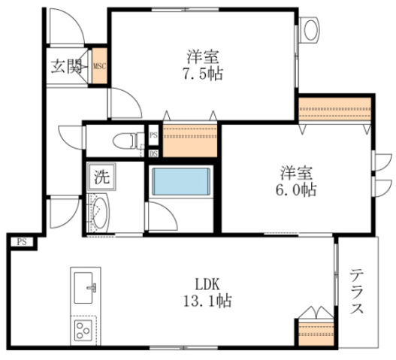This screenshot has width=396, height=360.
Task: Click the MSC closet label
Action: point(99,66)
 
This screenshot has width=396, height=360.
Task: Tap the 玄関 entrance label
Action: point(67,66)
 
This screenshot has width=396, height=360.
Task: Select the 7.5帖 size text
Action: point(203,74)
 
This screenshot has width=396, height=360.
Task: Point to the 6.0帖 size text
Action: point(296,190)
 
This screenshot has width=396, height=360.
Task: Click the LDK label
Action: point(207,284)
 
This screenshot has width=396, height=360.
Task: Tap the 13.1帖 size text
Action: point(207,301)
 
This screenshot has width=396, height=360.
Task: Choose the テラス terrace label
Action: point(357,291)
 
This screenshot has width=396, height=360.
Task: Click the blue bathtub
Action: point(181,182)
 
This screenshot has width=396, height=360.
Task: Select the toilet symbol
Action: point(125,141)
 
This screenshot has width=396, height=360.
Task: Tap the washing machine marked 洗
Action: point(101,177)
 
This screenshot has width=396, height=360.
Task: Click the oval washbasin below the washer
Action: point(100,213)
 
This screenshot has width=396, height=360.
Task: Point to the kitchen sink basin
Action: point(83,288)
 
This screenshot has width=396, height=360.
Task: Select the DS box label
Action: point(153,153)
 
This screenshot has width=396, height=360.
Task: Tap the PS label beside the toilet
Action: point(153,135)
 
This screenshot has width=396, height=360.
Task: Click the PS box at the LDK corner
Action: point(22,242)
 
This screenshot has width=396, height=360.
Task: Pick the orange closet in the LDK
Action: point(316,334)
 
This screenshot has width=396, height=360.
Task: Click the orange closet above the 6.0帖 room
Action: point(335,109)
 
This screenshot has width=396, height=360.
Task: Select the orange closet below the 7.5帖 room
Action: point(190,141)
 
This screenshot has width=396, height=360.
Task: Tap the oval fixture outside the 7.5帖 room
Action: point(310,30)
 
